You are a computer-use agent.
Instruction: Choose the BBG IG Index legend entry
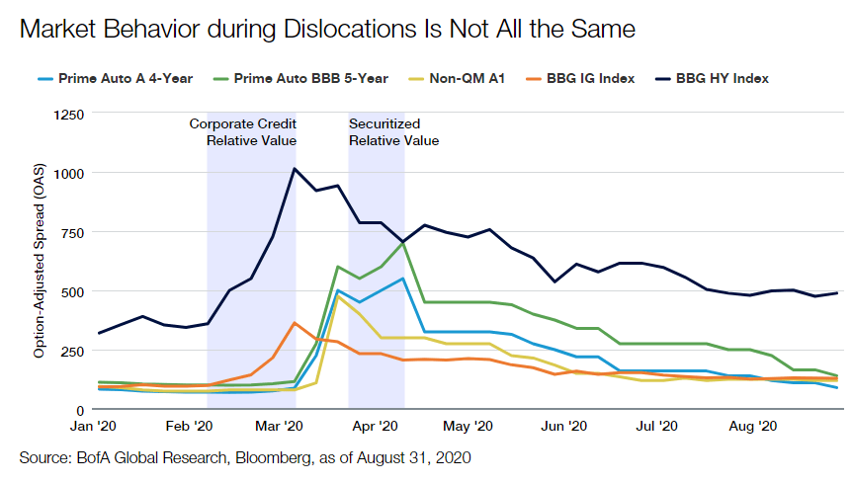(x=589, y=78)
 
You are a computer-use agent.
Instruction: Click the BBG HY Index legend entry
(x=722, y=78)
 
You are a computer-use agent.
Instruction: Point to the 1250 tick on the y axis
(x=67, y=115)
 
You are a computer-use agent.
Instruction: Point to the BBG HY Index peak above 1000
(x=295, y=169)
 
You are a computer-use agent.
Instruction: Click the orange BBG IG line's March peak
(x=294, y=322)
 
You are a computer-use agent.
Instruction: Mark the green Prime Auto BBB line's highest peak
(x=402, y=243)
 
